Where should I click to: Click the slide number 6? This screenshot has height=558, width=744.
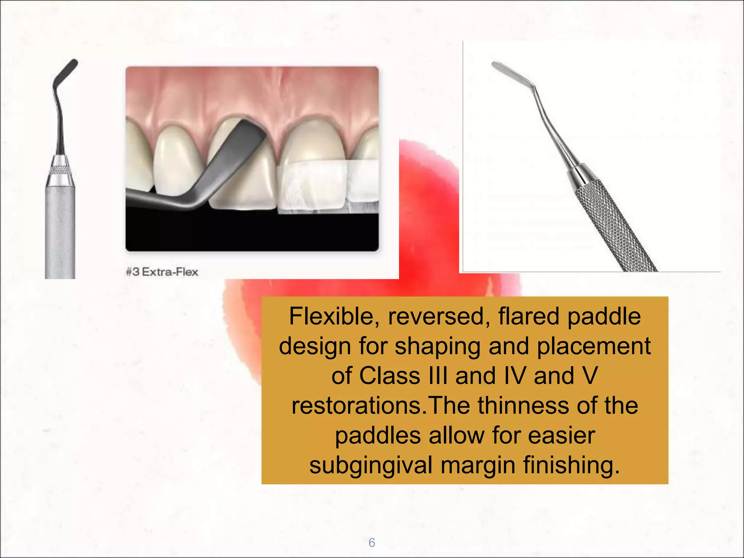click(x=372, y=542)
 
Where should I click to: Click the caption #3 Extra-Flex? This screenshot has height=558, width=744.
click(x=162, y=272)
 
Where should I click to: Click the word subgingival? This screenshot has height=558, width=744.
click(x=371, y=465)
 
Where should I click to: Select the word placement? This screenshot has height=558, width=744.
click(x=594, y=346)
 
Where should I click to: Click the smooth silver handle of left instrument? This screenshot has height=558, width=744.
click(x=60, y=232)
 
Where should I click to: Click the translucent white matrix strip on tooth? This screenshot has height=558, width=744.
click(x=312, y=187)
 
